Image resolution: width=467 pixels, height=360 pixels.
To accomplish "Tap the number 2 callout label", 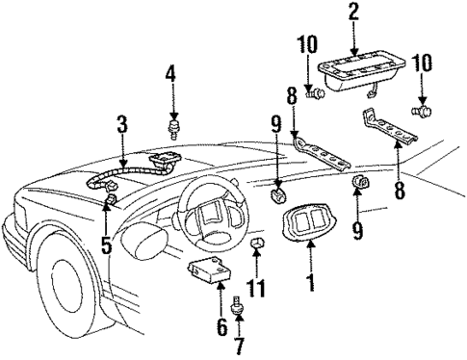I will pos(352,12).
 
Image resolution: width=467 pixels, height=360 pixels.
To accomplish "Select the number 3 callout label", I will pos(122,123).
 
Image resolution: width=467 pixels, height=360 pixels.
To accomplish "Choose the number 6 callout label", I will pos(221,326).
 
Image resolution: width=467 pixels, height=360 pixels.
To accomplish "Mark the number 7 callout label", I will pos(240,344).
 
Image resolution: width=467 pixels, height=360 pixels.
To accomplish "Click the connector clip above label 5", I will pos(112,199).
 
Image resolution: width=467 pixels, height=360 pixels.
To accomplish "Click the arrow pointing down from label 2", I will pos(352,37).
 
